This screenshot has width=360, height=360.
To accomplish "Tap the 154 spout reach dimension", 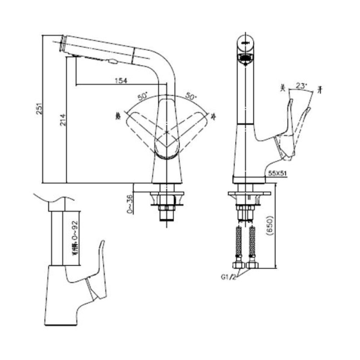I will pos(121,81).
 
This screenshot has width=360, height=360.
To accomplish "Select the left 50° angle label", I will pos(143,96).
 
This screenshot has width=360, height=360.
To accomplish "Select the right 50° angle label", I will pos(192,96).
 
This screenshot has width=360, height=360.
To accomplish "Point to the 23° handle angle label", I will pos(301,86).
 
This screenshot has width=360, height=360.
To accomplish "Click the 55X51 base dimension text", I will pos(277,173).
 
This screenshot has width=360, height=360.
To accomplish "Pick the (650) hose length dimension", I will pos(272,226).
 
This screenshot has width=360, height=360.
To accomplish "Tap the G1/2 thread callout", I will pos(229,277).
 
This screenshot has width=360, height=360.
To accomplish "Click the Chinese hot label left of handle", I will pos(118,116).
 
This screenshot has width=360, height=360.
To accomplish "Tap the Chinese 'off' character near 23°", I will pos(283,87).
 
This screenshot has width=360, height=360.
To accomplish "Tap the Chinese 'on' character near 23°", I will pos(319,90).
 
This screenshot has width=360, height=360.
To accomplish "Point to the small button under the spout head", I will pos(113,62).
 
